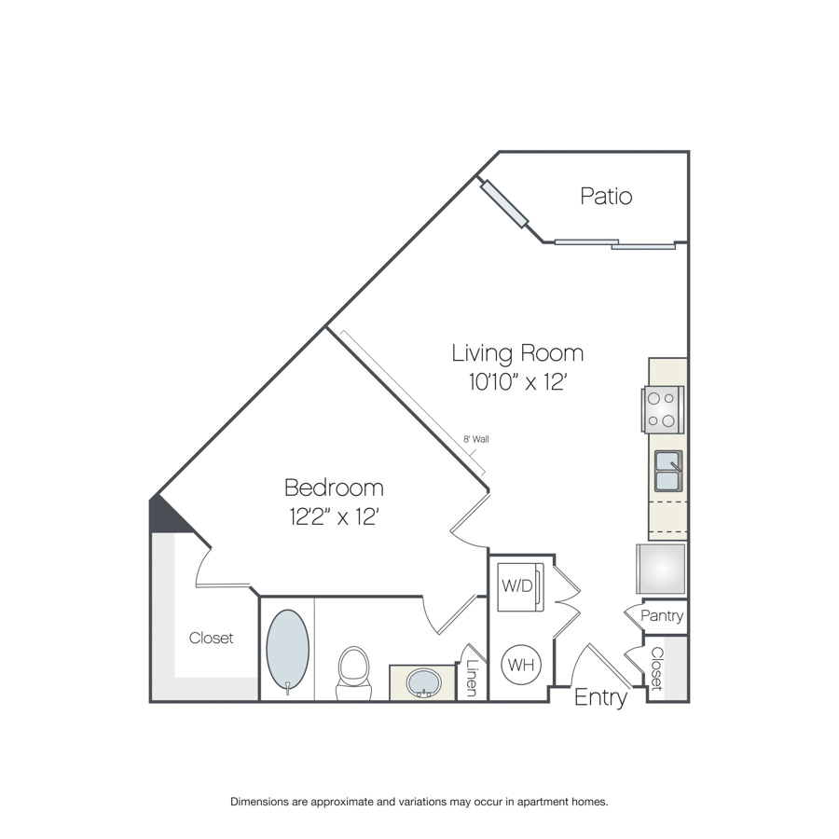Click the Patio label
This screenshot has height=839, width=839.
tap(606, 196)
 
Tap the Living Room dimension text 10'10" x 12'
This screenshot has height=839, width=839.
tap(517, 382)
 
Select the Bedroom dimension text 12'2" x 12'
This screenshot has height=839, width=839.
tap(335, 516)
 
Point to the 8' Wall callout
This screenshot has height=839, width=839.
tap(475, 439)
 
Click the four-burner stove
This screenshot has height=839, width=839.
tap(663, 409)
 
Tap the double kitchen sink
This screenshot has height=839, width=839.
tap(668, 471)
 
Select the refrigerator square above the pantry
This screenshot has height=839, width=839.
tap(661, 569)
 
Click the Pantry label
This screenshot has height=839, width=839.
tap(662, 616)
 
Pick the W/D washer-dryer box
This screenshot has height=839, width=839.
tap(520, 587)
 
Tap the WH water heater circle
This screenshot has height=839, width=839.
tap(521, 665)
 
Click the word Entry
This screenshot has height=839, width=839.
tap(600, 697)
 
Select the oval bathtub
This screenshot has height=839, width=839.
tap(288, 651)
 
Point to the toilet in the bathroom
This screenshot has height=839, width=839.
tap(353, 672)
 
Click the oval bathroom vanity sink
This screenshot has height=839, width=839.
tap(424, 682)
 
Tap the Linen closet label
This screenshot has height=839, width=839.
tap(472, 678)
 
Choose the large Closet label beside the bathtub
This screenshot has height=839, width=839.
tap(211, 638)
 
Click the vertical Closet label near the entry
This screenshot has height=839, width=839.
tap(656, 668)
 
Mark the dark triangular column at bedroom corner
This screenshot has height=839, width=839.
tap(167, 516)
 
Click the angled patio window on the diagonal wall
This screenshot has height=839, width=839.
tap(504, 204)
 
